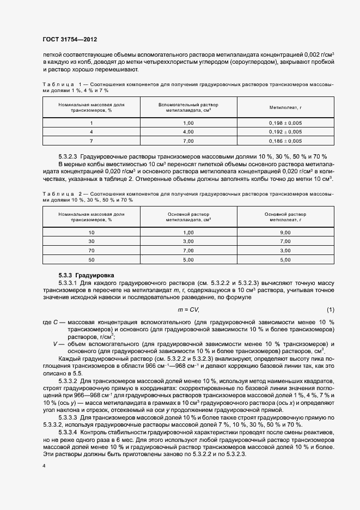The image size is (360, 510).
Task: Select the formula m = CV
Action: pos(188,309)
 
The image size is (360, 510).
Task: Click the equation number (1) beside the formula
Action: pos(331,309)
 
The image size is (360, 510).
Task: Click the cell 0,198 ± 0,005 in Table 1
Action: pos(285,123)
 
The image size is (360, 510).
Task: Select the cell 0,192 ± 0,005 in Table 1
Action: pos(285,132)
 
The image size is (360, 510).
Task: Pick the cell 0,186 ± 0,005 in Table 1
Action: pos(285,141)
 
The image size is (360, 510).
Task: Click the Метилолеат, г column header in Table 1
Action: pos(285,108)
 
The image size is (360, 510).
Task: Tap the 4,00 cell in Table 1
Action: pos(188,132)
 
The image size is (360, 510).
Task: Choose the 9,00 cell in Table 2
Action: pos(285,233)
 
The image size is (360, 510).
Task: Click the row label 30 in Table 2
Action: pos(91,241)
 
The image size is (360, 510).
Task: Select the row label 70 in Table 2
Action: pos(91,251)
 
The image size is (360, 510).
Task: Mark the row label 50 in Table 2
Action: pos(91,260)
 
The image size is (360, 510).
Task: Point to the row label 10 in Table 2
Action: pos(91,233)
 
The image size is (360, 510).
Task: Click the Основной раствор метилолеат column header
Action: pos(285,217)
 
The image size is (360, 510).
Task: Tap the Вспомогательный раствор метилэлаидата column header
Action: pos(188,107)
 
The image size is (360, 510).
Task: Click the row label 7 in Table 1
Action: pos(91,141)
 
